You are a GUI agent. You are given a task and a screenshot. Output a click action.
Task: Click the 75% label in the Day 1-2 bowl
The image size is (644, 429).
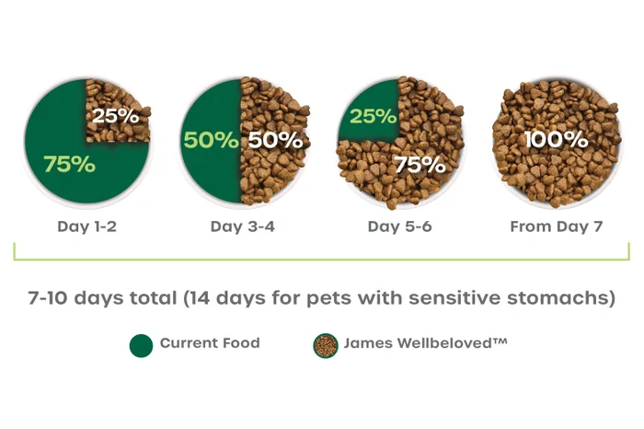tap(69, 164)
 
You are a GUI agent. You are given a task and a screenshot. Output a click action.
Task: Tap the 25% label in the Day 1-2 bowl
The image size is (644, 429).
tap(115, 117)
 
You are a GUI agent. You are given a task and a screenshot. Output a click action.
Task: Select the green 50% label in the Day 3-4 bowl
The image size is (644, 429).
tap(211, 141)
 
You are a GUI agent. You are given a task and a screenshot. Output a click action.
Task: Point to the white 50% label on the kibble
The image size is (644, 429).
tap(275, 141)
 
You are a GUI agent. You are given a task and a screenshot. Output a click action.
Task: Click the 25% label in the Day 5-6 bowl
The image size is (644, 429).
tap(373, 117)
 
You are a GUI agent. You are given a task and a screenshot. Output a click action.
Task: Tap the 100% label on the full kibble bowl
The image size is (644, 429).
tap(556, 140)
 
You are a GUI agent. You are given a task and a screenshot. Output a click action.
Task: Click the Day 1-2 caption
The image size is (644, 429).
tap(86, 226)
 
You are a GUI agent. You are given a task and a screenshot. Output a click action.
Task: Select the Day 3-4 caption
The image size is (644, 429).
tap(242, 226)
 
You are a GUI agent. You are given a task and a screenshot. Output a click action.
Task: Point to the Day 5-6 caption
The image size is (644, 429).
tap(399, 226)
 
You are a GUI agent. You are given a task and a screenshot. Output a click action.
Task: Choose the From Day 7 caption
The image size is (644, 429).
tap(556, 226)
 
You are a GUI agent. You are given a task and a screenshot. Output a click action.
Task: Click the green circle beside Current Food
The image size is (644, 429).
tap(141, 344)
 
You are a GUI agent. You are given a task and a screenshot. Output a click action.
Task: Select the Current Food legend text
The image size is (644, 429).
tap(210, 343)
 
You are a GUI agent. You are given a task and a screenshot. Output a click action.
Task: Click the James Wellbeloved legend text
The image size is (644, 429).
tap(425, 343)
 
